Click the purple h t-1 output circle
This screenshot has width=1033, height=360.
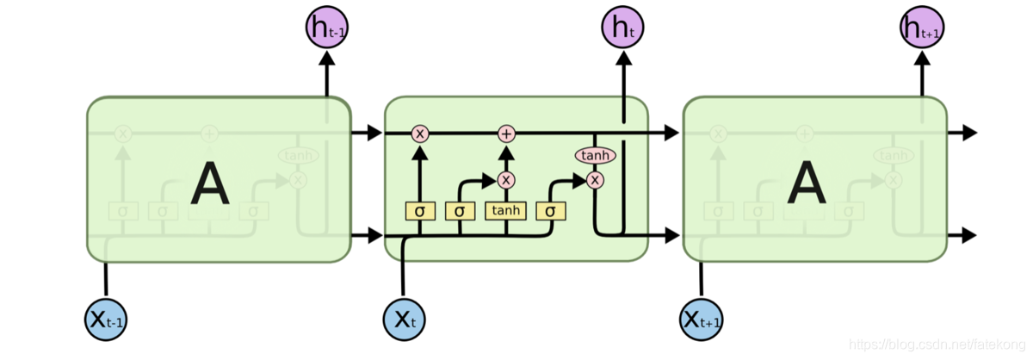pyautogui.click(x=326, y=28)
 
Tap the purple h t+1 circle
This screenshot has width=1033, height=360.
pyautogui.click(x=923, y=28)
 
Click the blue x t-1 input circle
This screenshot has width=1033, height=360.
pyautogui.click(x=106, y=320)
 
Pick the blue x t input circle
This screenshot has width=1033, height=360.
pyautogui.click(x=404, y=320)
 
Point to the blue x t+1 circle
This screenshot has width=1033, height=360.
pyautogui.click(x=702, y=320)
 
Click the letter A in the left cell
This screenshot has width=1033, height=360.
pyautogui.click(x=210, y=184)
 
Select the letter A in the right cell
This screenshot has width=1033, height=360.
pyautogui.click(x=807, y=184)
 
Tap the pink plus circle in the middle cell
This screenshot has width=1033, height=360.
pyautogui.click(x=506, y=133)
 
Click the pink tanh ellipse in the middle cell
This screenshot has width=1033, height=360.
pyautogui.click(x=594, y=155)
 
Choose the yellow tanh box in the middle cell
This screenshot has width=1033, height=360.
pyautogui.click(x=506, y=210)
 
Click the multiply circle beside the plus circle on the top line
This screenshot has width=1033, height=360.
pyautogui.click(x=420, y=133)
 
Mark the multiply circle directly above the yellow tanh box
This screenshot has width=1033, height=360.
pyautogui.click(x=506, y=180)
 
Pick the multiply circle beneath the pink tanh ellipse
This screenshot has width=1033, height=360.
pyautogui.click(x=594, y=180)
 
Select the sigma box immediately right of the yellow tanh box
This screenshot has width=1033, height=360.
pyautogui.click(x=550, y=210)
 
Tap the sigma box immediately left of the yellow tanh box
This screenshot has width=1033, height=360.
pyautogui.click(x=460, y=210)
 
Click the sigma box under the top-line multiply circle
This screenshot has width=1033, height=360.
pyautogui.click(x=420, y=210)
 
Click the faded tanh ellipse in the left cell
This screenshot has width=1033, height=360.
pyautogui.click(x=298, y=156)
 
